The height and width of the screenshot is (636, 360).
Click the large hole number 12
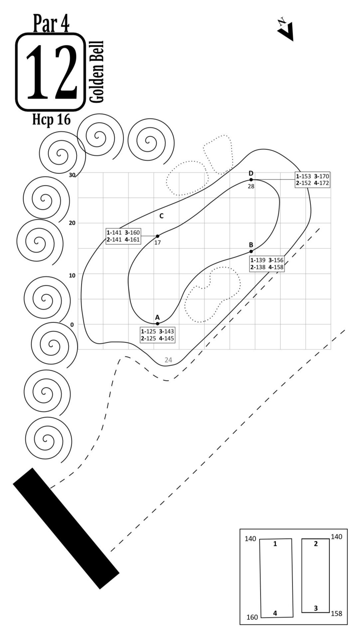[x=51, y=72]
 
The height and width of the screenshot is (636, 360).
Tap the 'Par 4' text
[x=51, y=23]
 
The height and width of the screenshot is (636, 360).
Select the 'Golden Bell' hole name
[x=96, y=72]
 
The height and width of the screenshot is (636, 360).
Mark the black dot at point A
[x=158, y=324]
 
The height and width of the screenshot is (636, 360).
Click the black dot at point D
[x=251, y=180]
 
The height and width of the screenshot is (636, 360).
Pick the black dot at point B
[x=251, y=251]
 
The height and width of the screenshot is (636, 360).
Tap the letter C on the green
[x=161, y=216]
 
